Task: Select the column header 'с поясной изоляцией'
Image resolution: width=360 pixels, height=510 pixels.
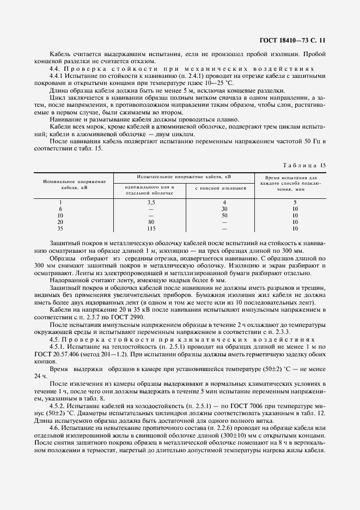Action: pos(217,189)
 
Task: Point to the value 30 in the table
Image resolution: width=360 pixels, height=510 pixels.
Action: pos(217,209)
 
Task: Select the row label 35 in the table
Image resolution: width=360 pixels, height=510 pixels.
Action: pos(61,229)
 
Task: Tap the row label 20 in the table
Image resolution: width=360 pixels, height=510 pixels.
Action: pos(61,222)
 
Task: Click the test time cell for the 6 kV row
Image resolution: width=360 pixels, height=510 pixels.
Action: pos(295,209)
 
